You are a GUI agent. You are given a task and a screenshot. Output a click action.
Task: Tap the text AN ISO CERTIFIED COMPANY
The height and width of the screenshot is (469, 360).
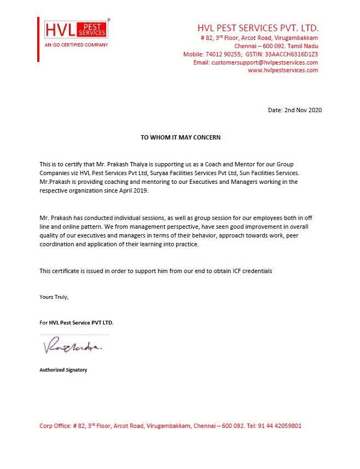pos(76,45)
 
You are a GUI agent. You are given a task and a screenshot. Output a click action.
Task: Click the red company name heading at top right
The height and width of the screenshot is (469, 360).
pos(258,28)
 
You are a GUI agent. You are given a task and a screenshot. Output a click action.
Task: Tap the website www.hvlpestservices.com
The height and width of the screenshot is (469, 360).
pos(283,70)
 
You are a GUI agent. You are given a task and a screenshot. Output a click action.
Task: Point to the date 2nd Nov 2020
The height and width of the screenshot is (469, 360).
pos(303,110)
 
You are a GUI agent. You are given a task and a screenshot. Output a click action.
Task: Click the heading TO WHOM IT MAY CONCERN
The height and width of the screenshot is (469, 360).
pos(181,137)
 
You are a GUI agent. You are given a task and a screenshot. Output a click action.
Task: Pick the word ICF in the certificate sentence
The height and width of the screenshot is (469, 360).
pos(237,271)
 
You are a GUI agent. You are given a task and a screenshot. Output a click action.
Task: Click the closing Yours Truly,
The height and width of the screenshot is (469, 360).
pos(54,297)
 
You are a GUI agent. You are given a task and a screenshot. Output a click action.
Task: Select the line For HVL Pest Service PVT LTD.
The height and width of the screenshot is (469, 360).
pos(77,323)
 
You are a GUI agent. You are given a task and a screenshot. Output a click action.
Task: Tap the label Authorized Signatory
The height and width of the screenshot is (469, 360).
pos(63,370)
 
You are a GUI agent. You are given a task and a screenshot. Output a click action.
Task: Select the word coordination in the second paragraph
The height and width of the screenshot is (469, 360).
pos(57,244)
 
